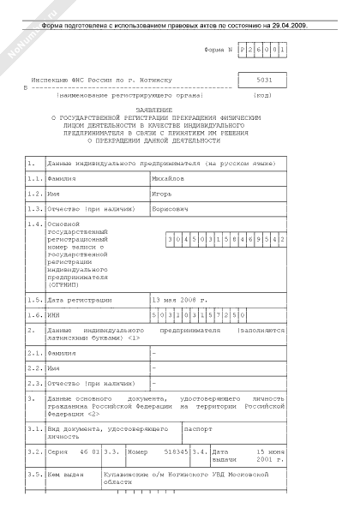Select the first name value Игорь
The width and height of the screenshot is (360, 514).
pyautogui.click(x=163, y=194)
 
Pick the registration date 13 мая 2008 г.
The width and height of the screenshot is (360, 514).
pyautogui.click(x=179, y=301)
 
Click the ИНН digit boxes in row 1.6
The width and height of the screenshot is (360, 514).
pyautogui.click(x=199, y=315)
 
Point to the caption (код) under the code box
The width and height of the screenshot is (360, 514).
pyautogui.click(x=263, y=95)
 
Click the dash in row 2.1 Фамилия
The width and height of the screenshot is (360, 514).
pyautogui.click(x=154, y=353)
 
